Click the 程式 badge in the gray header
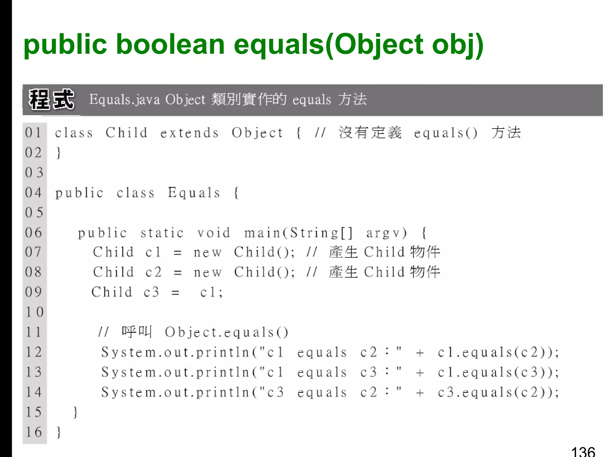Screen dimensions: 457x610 pyautogui.click(x=51, y=100)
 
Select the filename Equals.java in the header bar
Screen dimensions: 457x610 pyautogui.click(x=125, y=99)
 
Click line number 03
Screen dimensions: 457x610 pyautogui.click(x=34, y=173)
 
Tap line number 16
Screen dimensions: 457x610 pyautogui.click(x=34, y=432)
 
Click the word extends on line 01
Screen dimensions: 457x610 pyautogui.click(x=189, y=133)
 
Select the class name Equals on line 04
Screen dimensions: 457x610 pyautogui.click(x=194, y=193)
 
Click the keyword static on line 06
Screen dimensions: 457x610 pyautogui.click(x=162, y=233)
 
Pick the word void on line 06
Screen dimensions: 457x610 pyautogui.click(x=214, y=233)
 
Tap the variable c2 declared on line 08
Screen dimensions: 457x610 pyautogui.click(x=153, y=272)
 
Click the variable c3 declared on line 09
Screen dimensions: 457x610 pyautogui.click(x=151, y=292)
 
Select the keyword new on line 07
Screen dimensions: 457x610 pyautogui.click(x=208, y=253)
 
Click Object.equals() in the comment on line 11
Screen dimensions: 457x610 pyautogui.click(x=227, y=332)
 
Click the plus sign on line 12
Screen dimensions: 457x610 pyautogui.click(x=420, y=353)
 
